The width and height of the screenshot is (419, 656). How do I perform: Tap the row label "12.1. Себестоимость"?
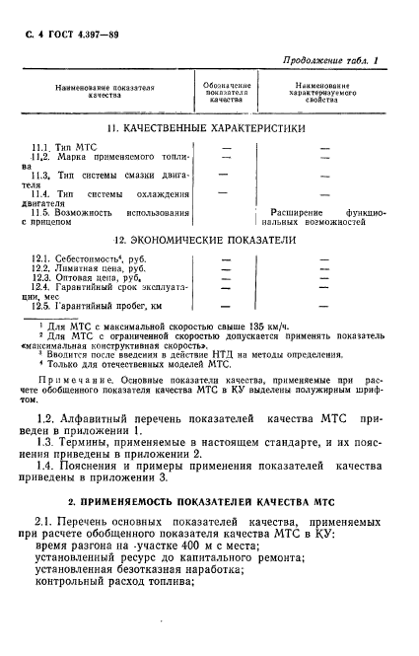point(91,259)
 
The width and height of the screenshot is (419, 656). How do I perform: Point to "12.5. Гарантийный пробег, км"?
point(101,308)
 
